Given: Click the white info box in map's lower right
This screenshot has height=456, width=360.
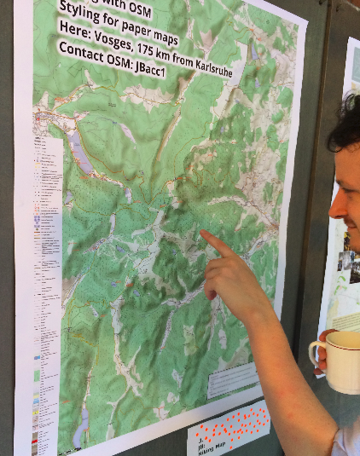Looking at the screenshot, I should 233,378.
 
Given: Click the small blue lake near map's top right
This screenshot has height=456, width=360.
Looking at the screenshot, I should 254,52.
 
